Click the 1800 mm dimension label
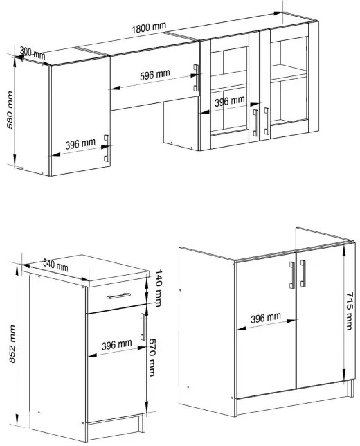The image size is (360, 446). tap(149, 27)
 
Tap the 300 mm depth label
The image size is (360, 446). tap(32, 53)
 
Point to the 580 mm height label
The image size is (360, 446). tap(10, 110)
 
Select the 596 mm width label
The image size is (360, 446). tap(154, 75)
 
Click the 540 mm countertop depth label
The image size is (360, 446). tap(55, 265)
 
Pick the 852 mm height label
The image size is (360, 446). tap(12, 344)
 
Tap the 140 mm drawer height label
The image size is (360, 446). tap(159, 288)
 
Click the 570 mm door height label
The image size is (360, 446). tap(152, 357)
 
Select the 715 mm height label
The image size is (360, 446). tap(349, 311)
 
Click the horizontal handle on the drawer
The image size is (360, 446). tap(118, 296)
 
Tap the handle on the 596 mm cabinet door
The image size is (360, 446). tap(196, 78)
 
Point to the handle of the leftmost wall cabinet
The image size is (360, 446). tap(107, 148)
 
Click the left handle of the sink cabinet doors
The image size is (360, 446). tap(292, 276)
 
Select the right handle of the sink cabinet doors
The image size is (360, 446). tap(303, 274)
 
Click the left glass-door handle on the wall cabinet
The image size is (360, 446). tap(255, 123)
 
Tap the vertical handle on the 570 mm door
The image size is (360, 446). tap(143, 327)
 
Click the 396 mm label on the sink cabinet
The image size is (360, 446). tap(266, 318)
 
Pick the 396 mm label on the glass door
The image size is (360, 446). tap(229, 101)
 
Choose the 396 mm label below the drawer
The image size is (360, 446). tap(116, 345)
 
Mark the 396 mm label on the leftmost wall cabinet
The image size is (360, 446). tap(80, 144)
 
